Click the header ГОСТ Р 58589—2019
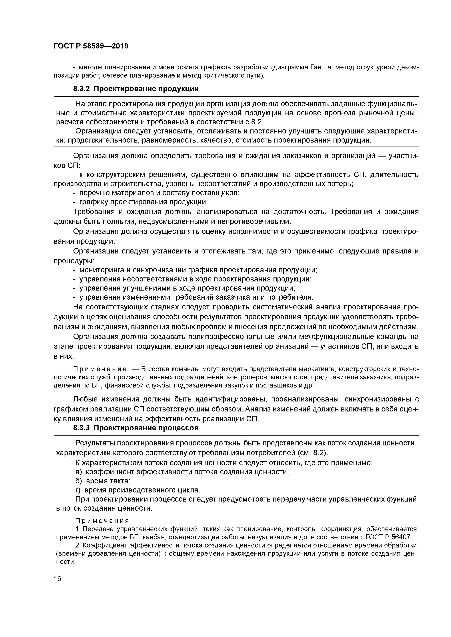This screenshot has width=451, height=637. point(91,46)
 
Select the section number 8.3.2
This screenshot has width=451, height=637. point(81,89)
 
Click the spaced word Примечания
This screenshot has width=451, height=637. point(102,521)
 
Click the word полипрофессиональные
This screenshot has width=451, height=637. point(231,337)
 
